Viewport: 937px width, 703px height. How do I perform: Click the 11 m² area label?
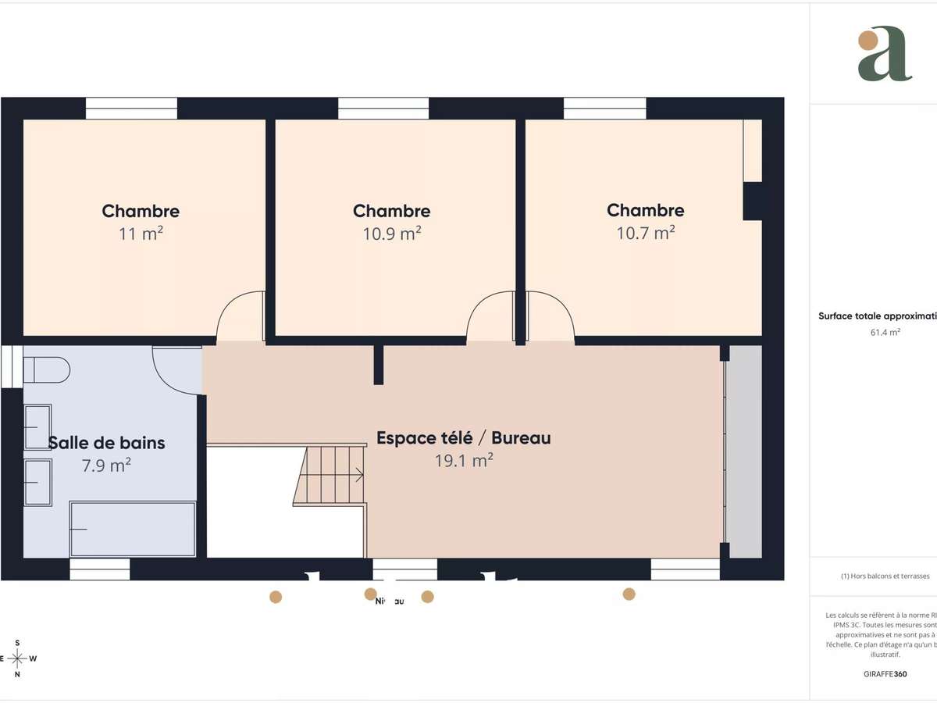(x=141, y=233)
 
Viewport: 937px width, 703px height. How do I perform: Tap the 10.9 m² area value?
(x=392, y=234)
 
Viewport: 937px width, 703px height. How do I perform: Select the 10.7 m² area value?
(x=646, y=233)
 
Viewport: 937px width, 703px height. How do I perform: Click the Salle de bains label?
(x=107, y=443)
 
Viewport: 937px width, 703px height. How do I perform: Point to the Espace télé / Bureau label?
(x=464, y=438)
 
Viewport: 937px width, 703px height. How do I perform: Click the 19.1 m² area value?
(x=464, y=461)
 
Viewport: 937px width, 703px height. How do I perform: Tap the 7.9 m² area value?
(x=106, y=466)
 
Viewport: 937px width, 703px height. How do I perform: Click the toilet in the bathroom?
(x=45, y=369)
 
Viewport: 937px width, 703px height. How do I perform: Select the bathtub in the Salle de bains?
(x=133, y=529)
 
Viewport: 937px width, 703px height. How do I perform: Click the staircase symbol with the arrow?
(x=332, y=474)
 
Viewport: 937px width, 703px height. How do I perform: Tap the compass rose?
(x=17, y=658)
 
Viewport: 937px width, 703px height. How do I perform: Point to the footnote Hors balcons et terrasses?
(x=885, y=576)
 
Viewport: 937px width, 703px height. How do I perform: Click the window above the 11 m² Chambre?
(x=131, y=109)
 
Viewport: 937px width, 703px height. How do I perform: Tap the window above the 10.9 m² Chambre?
(x=383, y=109)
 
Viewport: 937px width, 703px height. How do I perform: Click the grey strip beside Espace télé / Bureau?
(x=745, y=451)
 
